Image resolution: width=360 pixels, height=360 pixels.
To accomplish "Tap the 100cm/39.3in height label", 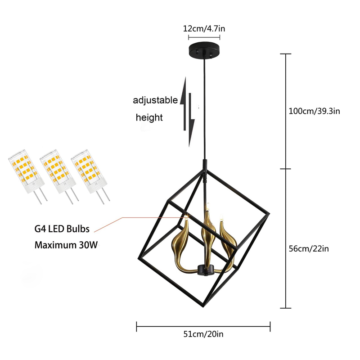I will [314, 111].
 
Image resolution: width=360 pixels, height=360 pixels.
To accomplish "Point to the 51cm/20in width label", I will [203, 334].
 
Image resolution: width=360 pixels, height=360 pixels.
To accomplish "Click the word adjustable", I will [155, 100].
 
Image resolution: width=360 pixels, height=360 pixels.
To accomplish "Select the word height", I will [149, 118].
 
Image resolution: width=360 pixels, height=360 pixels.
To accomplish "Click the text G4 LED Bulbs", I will [62, 229].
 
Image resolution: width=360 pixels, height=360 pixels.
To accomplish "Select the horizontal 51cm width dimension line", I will [203, 325].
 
